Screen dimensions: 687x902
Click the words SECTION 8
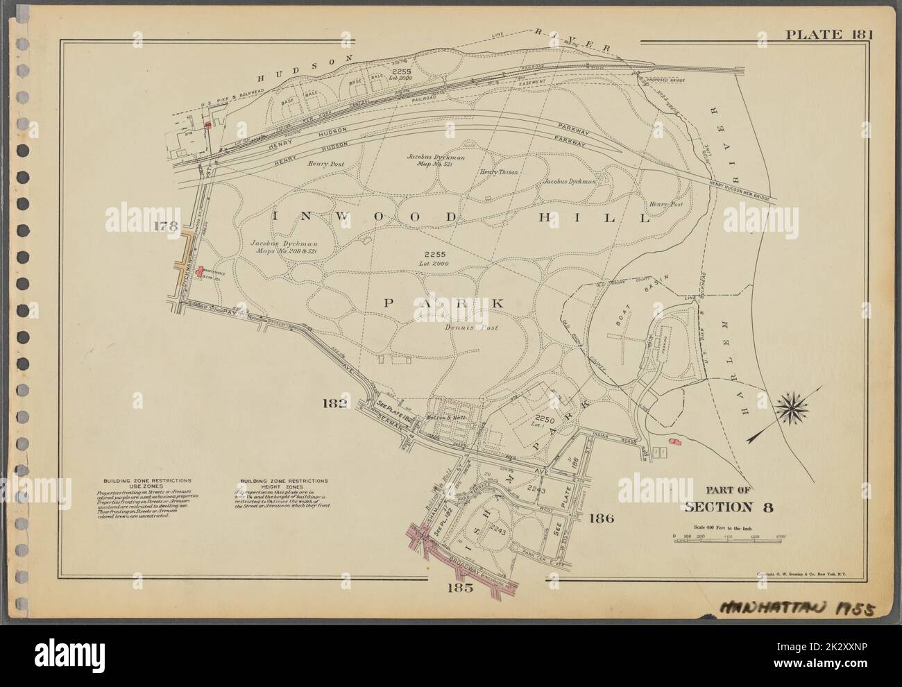(x=729, y=506)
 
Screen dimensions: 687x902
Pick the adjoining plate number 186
(x=601, y=518)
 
